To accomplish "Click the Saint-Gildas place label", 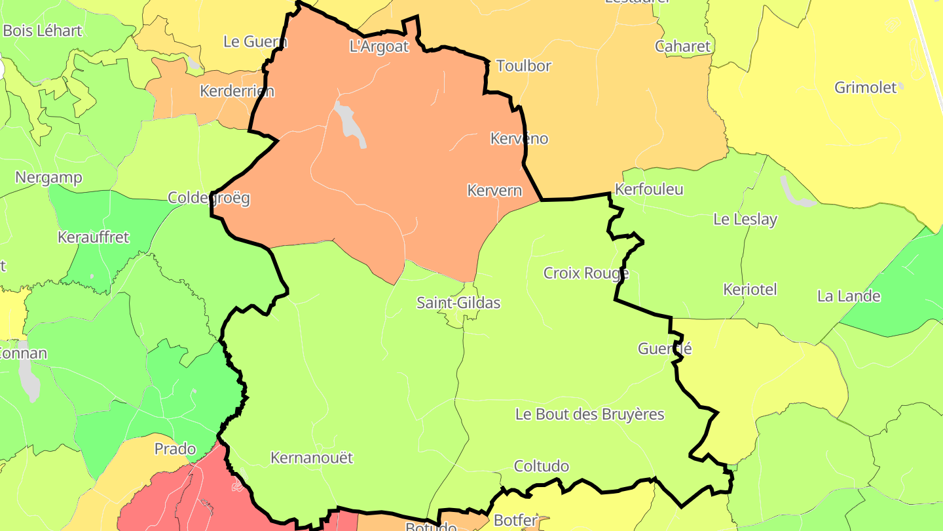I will (x=458, y=303).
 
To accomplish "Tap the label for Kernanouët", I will (x=312, y=458).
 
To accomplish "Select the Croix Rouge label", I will (x=586, y=273).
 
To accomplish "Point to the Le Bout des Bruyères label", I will (x=589, y=414).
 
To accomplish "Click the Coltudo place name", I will (x=541, y=466).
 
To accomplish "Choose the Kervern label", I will (x=494, y=191).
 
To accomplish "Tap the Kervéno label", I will (x=519, y=138).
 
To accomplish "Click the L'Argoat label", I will (x=379, y=47).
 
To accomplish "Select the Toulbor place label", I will (x=524, y=66).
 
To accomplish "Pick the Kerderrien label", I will (x=237, y=91).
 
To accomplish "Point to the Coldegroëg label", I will (x=209, y=198).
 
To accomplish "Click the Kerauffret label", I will (x=94, y=237).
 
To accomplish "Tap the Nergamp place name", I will (x=48, y=178).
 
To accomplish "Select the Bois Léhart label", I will (x=43, y=31).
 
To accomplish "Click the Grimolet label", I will (x=865, y=87).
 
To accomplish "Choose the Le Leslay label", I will (x=745, y=220).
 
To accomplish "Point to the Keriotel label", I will (x=750, y=289).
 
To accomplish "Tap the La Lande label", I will (x=849, y=296).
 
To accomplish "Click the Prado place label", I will (x=175, y=449).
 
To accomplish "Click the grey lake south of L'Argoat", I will (x=349, y=121).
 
